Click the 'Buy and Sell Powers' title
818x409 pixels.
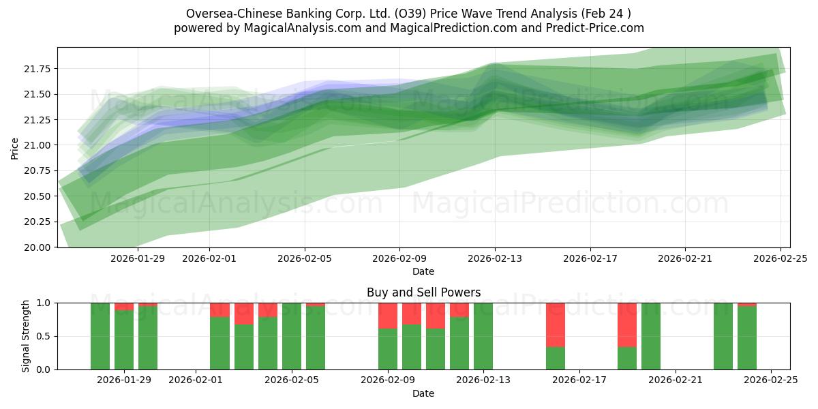tap(423, 292)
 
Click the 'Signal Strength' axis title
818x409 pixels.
tap(26, 336)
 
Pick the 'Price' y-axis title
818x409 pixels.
tap(14, 147)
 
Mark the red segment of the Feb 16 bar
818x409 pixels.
tap(556, 324)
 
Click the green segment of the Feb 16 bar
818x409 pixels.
tap(556, 358)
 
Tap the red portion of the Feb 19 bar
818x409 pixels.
tap(627, 324)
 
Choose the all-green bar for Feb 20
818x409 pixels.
tap(651, 336)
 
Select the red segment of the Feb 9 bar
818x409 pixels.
tap(388, 316)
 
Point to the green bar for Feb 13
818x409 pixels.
tap(483, 336)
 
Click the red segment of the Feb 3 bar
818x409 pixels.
tap(244, 314)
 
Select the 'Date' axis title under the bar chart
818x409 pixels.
tap(423, 393)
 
